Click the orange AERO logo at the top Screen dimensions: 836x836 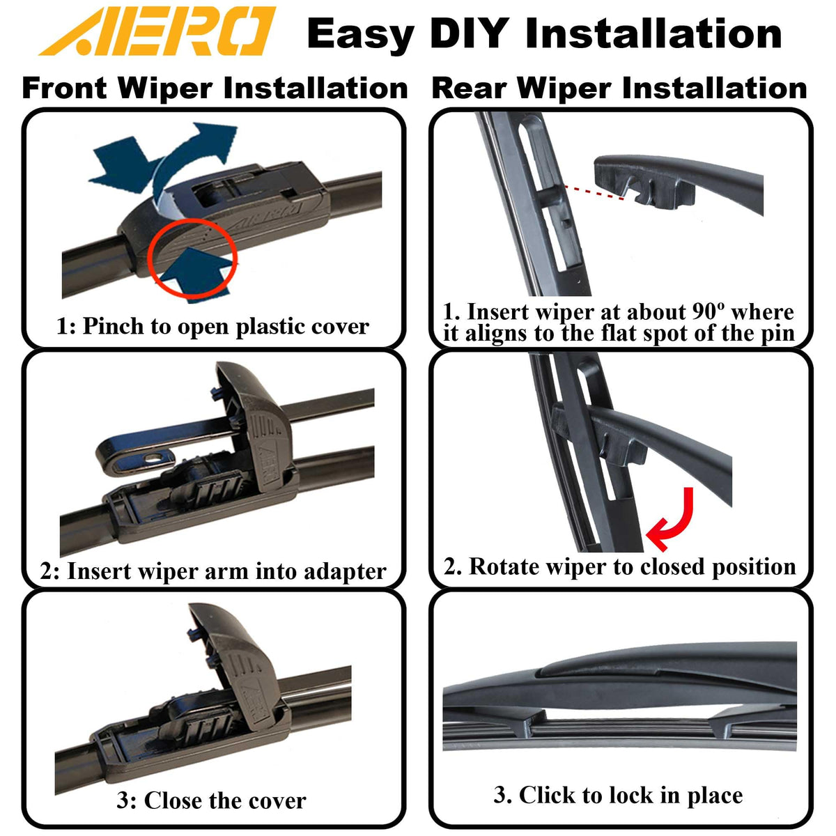[x=157, y=31]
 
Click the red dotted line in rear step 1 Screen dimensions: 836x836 [x=594, y=192]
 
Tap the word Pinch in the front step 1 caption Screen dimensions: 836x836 [x=114, y=326]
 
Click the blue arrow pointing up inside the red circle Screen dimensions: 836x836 [x=195, y=273]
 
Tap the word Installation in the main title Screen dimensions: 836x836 [x=653, y=33]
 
